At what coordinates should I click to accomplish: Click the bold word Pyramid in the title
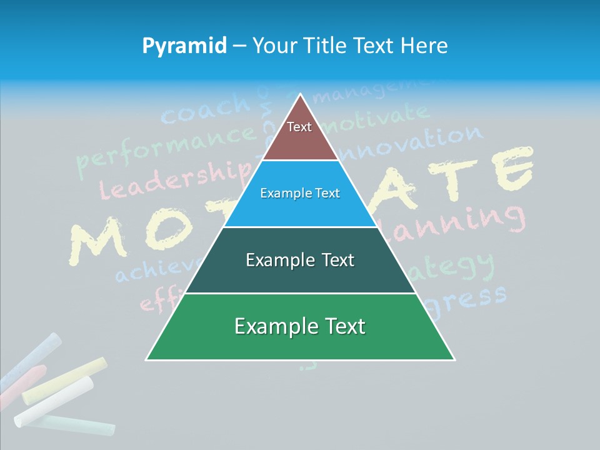click(x=184, y=46)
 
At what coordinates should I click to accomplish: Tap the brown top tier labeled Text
click(x=299, y=134)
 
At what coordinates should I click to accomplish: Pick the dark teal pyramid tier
click(x=300, y=260)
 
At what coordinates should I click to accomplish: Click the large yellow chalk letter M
click(x=100, y=241)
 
